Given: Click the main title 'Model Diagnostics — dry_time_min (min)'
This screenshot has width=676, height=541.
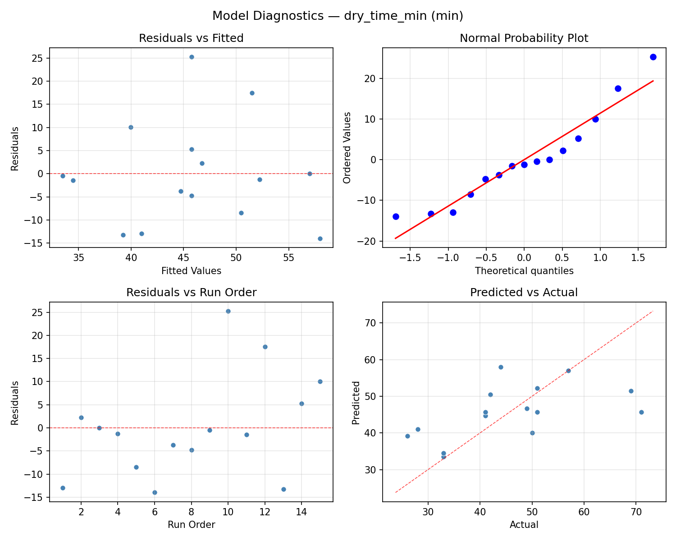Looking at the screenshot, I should [x=338, y=16].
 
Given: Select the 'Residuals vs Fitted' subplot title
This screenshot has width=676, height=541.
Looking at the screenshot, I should [x=191, y=38].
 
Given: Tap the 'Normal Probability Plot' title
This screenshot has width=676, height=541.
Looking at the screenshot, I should [x=524, y=38].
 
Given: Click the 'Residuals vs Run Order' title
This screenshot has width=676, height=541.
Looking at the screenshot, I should [x=191, y=293].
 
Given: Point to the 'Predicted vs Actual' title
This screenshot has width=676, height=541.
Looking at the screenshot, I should [x=524, y=293].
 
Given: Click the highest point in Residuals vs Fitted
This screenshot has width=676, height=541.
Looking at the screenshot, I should [x=192, y=57].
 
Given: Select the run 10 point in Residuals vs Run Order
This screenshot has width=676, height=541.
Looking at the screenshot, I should [x=228, y=311].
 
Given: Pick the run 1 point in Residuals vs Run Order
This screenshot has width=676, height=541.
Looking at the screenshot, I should [x=63, y=488].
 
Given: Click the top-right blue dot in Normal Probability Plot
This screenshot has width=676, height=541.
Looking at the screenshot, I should [x=653, y=57].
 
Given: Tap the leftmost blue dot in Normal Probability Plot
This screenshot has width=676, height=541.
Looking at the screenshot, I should [x=396, y=216].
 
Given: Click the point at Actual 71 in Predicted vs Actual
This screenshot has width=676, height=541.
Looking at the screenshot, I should [x=641, y=412].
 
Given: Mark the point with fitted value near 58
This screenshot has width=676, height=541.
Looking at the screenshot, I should [x=320, y=238].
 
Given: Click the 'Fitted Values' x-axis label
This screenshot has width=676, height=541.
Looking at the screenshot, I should [x=191, y=271].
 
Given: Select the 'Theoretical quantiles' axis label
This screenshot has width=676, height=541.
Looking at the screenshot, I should [x=524, y=271].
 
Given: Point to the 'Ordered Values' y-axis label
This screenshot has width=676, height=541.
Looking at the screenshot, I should [x=347, y=148].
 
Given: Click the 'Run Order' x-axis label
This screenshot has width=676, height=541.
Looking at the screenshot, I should [x=191, y=525].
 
